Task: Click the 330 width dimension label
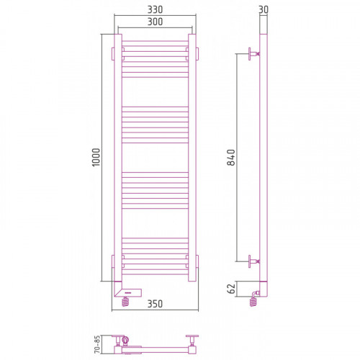[155, 9]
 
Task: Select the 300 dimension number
[155, 22]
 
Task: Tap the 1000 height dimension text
[96, 158]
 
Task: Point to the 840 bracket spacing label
[231, 158]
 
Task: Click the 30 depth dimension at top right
[264, 9]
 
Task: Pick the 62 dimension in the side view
[232, 289]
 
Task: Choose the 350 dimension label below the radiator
[155, 304]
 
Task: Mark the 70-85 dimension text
[97, 344]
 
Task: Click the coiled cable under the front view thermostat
[125, 302]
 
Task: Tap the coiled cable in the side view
[253, 302]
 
